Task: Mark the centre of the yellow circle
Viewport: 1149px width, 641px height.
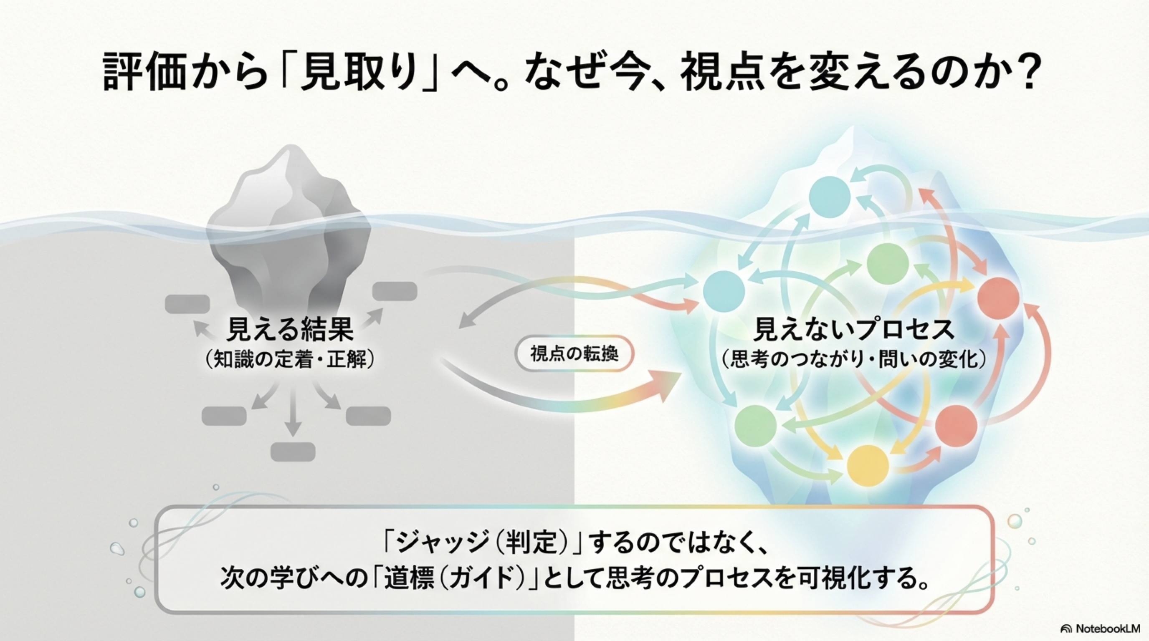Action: (867, 466)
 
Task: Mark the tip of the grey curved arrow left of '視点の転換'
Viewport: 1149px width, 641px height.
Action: (459, 328)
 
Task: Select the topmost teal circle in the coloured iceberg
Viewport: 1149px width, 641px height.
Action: (830, 197)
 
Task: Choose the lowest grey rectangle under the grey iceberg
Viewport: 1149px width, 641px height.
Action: (293, 452)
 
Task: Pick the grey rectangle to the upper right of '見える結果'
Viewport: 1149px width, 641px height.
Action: (395, 291)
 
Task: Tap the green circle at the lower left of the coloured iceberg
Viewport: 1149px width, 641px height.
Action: (756, 425)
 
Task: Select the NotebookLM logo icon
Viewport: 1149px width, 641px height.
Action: (1066, 628)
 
